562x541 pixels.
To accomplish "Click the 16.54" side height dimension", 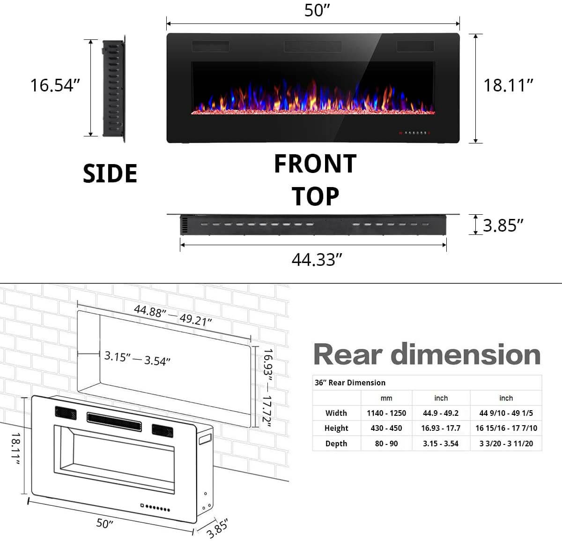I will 55,85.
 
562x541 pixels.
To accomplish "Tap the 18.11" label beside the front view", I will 509,85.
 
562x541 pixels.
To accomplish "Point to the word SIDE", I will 110,173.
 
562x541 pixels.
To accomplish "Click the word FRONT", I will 315,164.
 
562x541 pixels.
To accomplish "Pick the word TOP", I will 315,196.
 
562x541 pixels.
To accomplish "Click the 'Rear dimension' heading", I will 427,354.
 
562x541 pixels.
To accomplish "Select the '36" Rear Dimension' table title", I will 350,383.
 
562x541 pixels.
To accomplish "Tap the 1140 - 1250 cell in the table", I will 386,413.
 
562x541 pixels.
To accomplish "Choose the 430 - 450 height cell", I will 386,428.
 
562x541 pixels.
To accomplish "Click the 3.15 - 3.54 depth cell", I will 441,443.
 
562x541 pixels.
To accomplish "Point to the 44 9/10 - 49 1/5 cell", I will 506,413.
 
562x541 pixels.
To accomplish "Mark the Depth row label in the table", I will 336,443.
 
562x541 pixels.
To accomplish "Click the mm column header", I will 386,398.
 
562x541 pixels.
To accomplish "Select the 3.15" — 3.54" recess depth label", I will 137,359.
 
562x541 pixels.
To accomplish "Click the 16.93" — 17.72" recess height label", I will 267,387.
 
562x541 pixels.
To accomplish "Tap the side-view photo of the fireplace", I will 113,88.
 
